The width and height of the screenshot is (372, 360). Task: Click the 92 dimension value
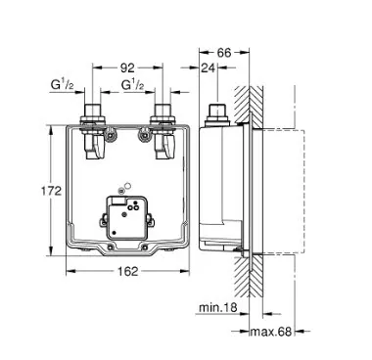(127, 67)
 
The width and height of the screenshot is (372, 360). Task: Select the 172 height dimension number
(51, 191)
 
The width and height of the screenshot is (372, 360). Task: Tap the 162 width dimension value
(127, 271)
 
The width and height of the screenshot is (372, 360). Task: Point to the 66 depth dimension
(224, 53)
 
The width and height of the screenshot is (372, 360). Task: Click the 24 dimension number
(209, 67)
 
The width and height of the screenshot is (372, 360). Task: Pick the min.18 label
(218, 307)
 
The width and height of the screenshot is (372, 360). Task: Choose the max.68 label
(270, 332)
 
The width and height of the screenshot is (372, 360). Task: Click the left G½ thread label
(63, 85)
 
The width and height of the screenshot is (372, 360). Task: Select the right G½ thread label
(132, 85)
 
